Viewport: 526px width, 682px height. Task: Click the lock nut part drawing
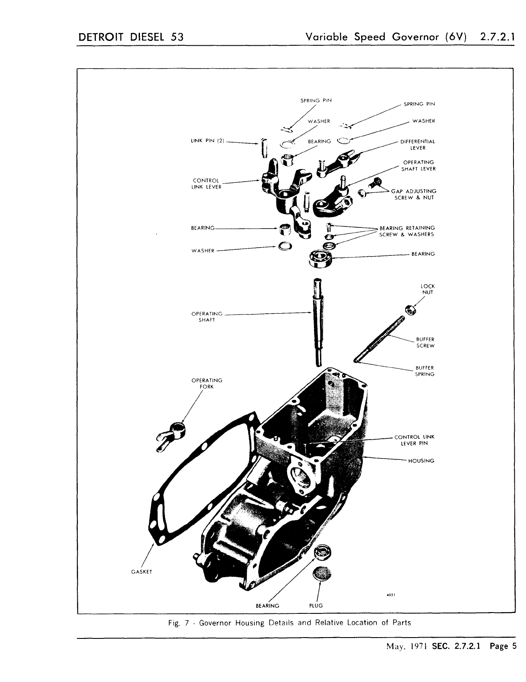411,309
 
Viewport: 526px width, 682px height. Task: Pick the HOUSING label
421,461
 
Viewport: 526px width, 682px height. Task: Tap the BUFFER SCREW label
425,343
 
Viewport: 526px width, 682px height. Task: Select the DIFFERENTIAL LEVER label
418,145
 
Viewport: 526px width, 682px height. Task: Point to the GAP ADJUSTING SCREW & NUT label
414,194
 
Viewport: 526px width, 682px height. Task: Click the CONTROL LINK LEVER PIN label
414,440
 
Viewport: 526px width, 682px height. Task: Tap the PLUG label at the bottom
316,606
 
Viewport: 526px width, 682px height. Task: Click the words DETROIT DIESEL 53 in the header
130,37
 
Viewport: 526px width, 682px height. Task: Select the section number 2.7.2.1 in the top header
497,37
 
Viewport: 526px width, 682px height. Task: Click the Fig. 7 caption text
290,622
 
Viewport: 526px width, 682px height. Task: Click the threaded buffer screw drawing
380,340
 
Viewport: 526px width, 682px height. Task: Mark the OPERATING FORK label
206,383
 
